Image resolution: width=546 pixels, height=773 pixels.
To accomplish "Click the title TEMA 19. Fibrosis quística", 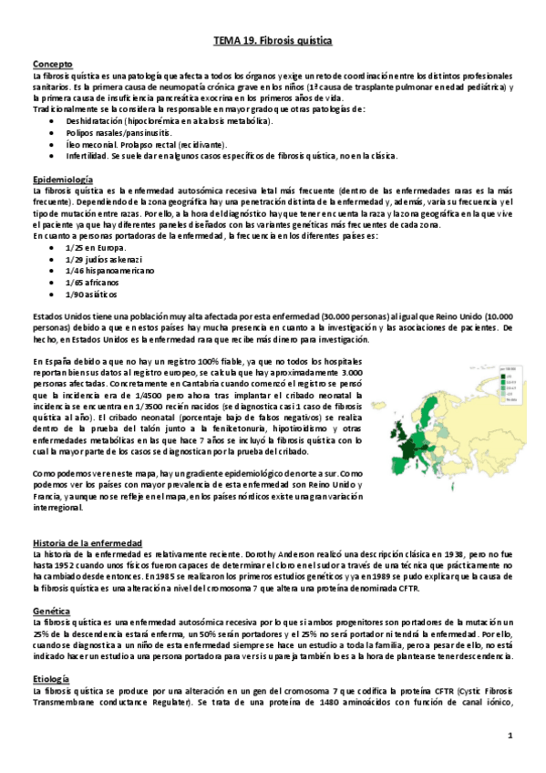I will pos(273,42).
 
